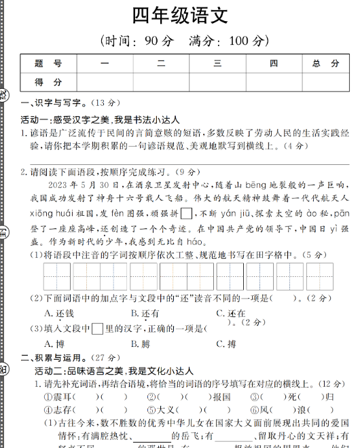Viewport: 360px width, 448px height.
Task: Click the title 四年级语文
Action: coord(180,16)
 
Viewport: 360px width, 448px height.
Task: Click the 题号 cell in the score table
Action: coord(48,63)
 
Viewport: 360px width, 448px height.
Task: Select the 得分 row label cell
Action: coord(48,81)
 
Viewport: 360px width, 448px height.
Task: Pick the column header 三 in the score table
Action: coord(217,63)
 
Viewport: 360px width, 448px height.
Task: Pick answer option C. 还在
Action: coord(231,313)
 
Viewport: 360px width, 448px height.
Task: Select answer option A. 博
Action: coord(55,343)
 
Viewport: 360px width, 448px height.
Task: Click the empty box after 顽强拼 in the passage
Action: coord(187,212)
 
